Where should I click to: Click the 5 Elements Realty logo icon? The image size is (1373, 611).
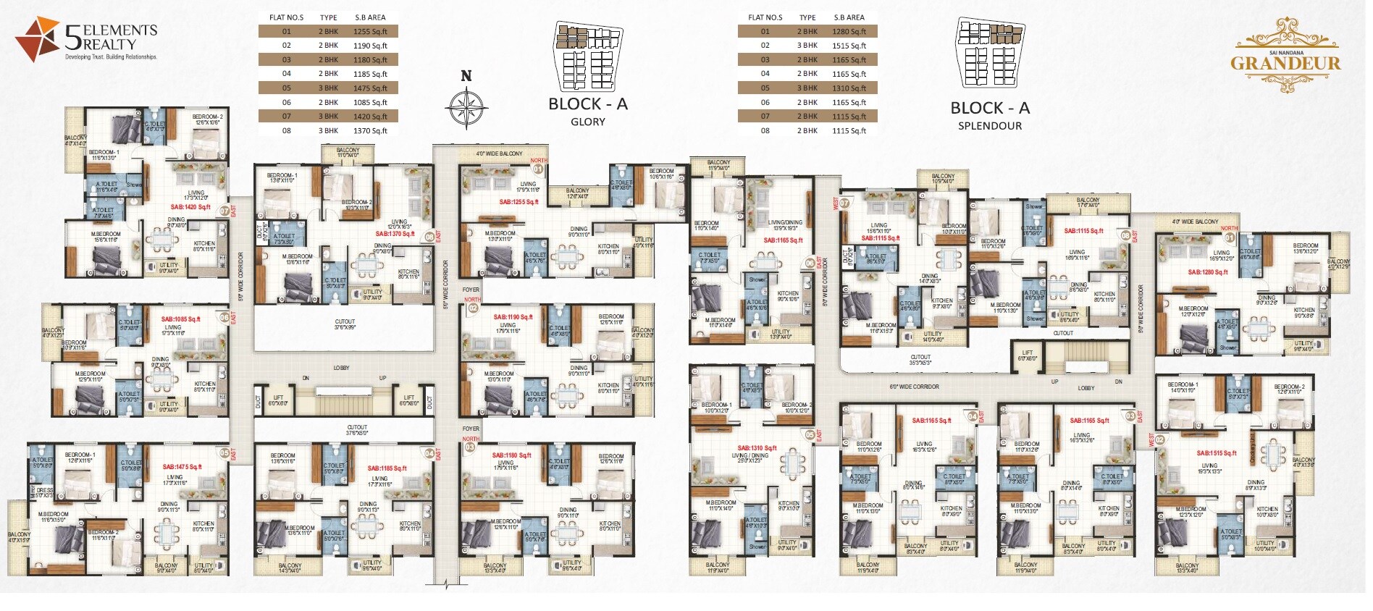click(37, 39)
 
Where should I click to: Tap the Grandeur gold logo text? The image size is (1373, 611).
click(1285, 63)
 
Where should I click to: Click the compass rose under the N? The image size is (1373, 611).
click(466, 108)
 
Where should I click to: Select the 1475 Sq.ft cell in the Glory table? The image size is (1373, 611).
click(370, 88)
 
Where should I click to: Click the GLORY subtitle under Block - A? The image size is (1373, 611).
click(587, 122)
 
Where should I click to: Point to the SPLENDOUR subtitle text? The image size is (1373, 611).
click(989, 126)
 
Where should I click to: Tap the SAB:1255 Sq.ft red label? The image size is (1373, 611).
click(518, 202)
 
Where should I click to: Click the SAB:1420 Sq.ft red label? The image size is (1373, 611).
click(190, 207)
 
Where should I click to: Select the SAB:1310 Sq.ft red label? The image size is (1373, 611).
click(757, 448)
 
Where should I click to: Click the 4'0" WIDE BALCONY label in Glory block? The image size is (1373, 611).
click(499, 153)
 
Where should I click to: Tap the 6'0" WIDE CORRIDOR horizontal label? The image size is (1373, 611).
click(914, 387)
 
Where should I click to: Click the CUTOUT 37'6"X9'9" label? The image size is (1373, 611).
click(345, 324)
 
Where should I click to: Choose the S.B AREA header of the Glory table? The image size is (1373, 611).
click(370, 17)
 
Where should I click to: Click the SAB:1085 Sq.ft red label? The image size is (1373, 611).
click(180, 319)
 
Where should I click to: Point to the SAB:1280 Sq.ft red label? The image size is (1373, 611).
click(1208, 272)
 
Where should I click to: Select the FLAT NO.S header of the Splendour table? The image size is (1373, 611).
click(765, 17)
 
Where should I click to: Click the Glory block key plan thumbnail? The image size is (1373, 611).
click(587, 56)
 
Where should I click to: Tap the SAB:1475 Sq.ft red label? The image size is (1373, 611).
click(182, 467)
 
